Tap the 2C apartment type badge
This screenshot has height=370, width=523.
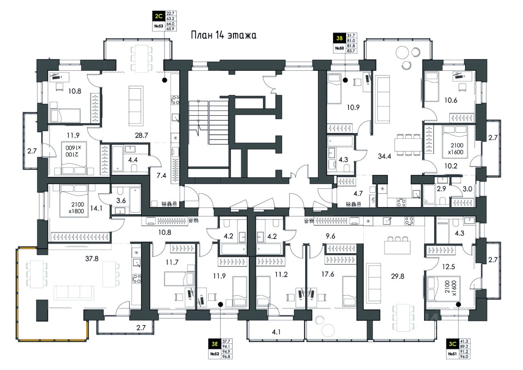(x=158, y=17)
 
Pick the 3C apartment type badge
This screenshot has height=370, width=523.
(x=451, y=344)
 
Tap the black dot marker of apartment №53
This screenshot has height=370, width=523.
(x=164, y=80)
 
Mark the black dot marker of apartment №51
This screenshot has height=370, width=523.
(x=458, y=304)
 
